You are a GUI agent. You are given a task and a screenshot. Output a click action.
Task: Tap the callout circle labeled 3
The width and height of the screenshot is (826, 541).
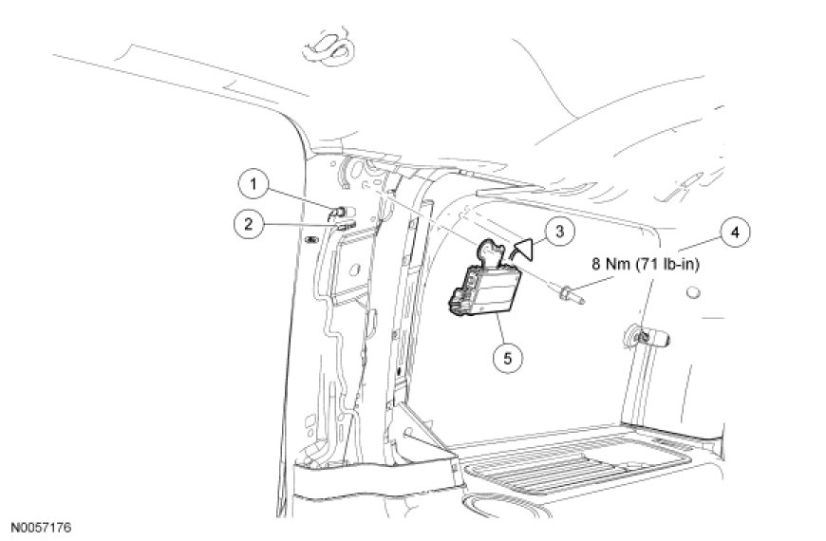(x=559, y=230)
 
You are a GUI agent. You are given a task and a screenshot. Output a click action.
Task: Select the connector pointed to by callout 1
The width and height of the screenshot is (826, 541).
(x=338, y=210)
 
